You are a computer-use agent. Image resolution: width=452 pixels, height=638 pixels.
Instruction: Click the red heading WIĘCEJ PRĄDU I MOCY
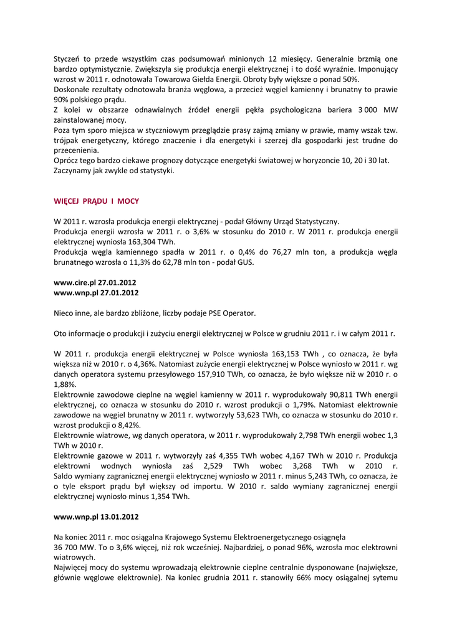(97, 201)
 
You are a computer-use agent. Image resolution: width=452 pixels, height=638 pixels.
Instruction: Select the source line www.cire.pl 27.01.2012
(96, 282)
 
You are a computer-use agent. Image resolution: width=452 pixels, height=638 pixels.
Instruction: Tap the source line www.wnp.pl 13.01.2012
(96, 517)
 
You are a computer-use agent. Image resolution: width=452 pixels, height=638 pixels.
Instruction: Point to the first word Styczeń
(69, 59)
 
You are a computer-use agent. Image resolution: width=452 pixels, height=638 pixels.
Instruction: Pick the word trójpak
(67, 140)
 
